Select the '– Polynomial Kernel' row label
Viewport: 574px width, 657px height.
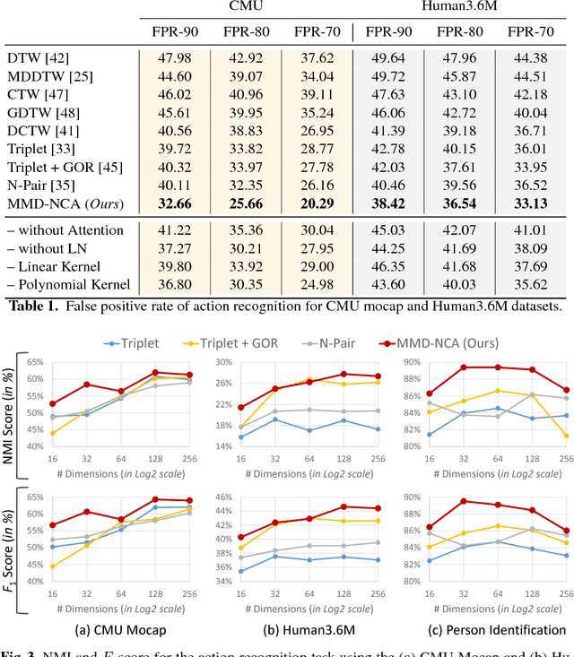[69, 284]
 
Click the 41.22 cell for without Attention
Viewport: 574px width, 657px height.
[174, 230]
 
